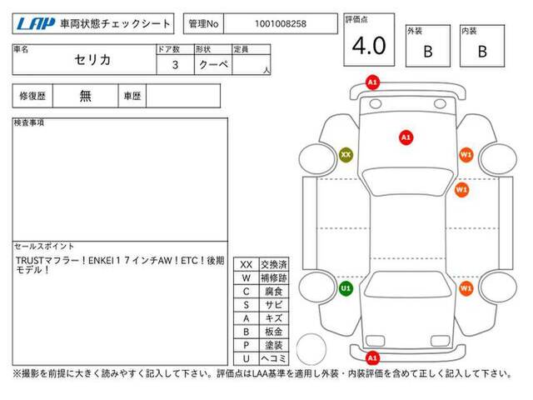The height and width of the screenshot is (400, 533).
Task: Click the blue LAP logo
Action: pyautogui.click(x=36, y=24)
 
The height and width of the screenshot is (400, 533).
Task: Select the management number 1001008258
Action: pyautogui.click(x=281, y=24)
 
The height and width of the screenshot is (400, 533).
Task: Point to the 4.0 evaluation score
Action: pyautogui.click(x=369, y=46)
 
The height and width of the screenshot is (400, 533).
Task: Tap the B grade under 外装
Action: pyautogui.click(x=428, y=52)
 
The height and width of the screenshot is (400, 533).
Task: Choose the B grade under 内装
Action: pyautogui.click(x=482, y=52)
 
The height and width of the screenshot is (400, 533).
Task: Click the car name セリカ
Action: pyautogui.click(x=92, y=60)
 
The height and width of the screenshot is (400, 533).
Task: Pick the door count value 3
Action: pyautogui.click(x=175, y=65)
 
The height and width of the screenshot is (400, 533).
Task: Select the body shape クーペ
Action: pyautogui.click(x=213, y=64)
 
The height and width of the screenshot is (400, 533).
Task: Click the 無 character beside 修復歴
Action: pyautogui.click(x=85, y=96)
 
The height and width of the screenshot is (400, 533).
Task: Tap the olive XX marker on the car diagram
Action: pyautogui.click(x=346, y=155)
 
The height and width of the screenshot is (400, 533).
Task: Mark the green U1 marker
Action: pyautogui.click(x=346, y=289)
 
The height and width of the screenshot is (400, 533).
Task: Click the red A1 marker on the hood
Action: pyautogui.click(x=406, y=137)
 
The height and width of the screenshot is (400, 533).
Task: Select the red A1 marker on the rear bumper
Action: pyautogui.click(x=372, y=357)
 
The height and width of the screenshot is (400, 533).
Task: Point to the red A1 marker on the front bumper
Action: pyautogui.click(x=372, y=82)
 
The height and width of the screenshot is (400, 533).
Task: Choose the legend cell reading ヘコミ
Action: pyautogui.click(x=274, y=358)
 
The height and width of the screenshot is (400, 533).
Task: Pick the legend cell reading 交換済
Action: pyautogui.click(x=274, y=265)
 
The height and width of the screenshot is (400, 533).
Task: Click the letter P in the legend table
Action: pyautogui.click(x=247, y=345)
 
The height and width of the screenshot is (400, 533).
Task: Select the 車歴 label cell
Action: pyautogui.click(x=132, y=96)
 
